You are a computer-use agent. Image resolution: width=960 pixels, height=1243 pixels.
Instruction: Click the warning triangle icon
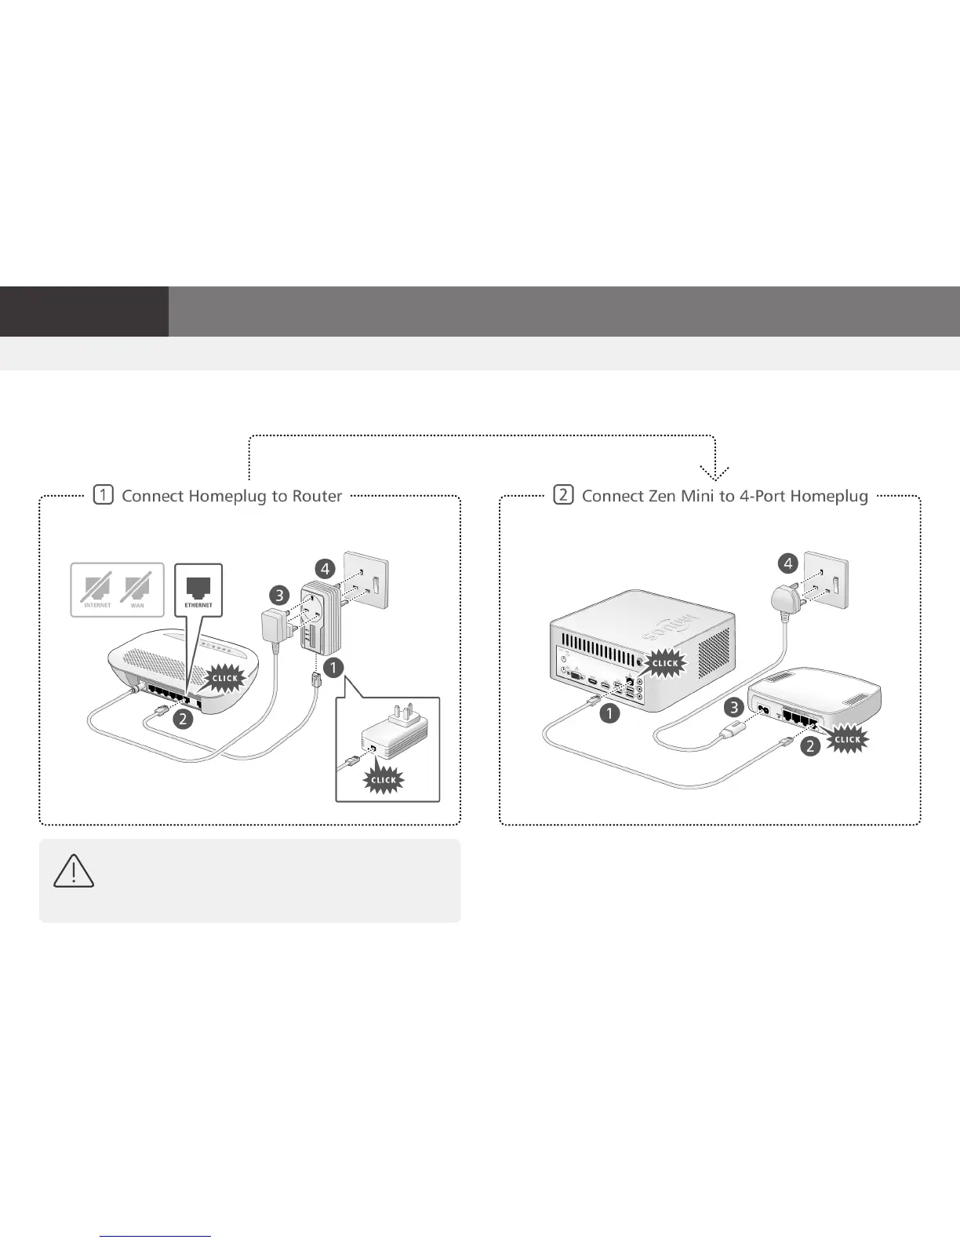[75, 870]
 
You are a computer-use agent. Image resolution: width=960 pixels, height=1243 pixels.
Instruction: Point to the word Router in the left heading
[317, 496]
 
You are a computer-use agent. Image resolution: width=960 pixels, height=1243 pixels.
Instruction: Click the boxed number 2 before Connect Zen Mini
[563, 495]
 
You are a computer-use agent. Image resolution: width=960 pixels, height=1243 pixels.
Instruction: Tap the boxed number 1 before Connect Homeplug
[103, 495]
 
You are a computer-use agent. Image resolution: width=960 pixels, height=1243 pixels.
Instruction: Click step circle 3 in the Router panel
[279, 595]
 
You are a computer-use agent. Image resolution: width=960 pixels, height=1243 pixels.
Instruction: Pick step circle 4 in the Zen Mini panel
[787, 563]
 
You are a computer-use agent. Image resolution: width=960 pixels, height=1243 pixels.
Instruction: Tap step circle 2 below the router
[183, 718]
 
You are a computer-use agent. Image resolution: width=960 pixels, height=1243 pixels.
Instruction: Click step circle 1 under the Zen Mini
[609, 713]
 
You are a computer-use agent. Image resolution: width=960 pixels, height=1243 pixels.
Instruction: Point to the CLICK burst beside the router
[226, 678]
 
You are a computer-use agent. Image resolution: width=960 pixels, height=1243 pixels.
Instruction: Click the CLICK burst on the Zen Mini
[665, 663]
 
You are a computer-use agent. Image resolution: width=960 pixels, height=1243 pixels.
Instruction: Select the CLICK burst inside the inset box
[384, 780]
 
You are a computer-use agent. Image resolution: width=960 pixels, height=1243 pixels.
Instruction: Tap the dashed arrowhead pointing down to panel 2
[715, 472]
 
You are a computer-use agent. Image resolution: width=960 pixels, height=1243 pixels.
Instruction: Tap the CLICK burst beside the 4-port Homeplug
[848, 739]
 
